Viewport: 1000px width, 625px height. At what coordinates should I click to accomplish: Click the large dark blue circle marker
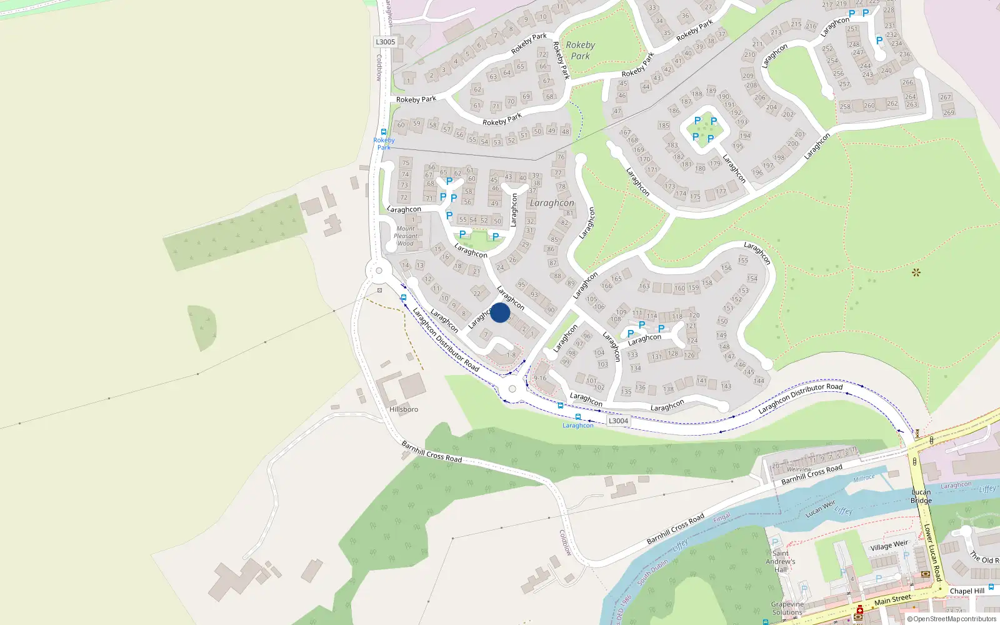[x=500, y=312]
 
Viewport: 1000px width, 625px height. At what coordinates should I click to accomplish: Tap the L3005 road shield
[x=385, y=42]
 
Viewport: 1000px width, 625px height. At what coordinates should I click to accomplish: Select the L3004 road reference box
[x=618, y=421]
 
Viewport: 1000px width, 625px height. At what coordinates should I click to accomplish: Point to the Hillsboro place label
[x=404, y=409]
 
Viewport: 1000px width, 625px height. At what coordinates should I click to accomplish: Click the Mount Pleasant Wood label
[x=406, y=236]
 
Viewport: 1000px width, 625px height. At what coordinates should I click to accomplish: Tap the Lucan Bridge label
[x=921, y=496]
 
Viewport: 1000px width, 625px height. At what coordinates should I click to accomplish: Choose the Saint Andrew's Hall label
[x=781, y=561]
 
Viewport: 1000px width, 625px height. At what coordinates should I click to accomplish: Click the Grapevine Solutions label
[x=787, y=608]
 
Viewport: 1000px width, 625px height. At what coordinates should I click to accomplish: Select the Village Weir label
[x=889, y=546]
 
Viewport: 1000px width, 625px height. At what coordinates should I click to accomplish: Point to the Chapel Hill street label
[x=967, y=591]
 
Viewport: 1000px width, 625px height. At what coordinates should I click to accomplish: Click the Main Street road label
[x=892, y=600]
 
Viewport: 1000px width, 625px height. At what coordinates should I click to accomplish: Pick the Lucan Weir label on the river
[x=820, y=509]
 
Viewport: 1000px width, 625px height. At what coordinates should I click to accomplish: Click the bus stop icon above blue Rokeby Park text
[x=384, y=132]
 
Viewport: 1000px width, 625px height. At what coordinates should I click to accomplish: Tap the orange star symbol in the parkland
[x=916, y=272]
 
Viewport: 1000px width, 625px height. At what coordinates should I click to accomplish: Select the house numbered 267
[x=945, y=97]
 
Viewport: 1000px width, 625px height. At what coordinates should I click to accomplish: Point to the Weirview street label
[x=799, y=469]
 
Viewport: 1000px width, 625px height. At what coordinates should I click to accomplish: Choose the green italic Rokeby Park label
[x=580, y=50]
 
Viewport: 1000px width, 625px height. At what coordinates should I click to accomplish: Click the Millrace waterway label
[x=864, y=478]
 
